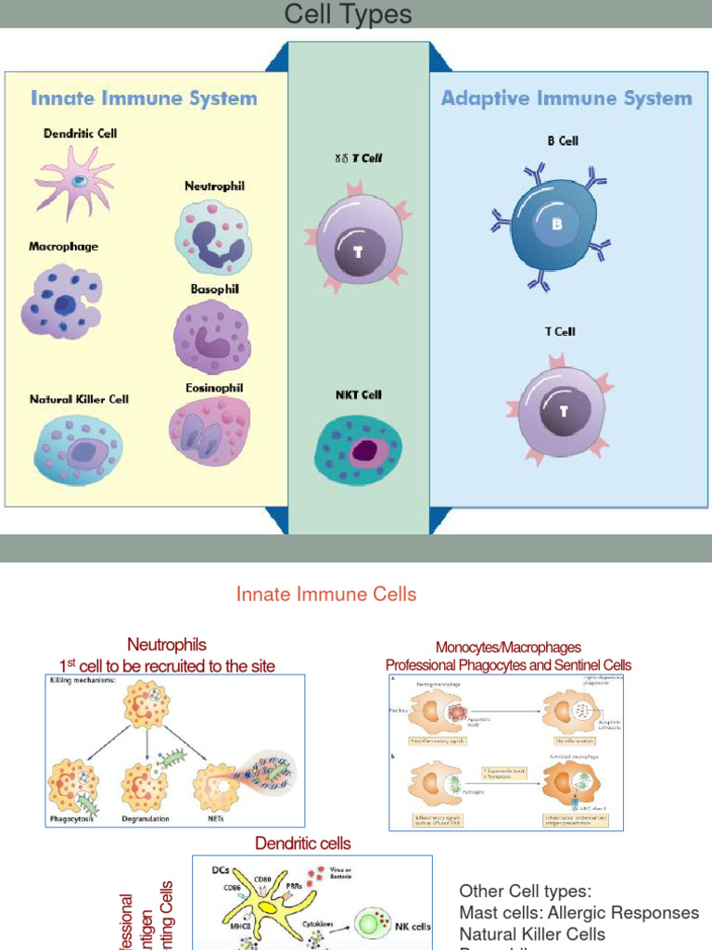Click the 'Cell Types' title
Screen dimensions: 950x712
(348, 15)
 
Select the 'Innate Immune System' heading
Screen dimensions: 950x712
(144, 98)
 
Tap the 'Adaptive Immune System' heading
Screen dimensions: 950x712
(566, 98)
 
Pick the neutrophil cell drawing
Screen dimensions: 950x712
(213, 237)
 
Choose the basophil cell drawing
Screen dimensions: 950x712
(212, 336)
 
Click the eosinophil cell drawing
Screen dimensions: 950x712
(209, 430)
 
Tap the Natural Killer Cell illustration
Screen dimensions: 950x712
(79, 450)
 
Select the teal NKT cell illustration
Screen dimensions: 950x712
(359, 450)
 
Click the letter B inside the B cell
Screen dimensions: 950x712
(557, 225)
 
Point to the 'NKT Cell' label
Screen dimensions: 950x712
(359, 394)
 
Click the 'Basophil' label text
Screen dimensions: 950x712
(215, 289)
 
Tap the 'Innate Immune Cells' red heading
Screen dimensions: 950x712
(326, 595)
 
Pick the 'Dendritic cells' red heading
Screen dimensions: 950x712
(303, 842)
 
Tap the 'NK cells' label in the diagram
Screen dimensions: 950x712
(413, 926)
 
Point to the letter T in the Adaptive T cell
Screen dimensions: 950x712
(563, 411)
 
